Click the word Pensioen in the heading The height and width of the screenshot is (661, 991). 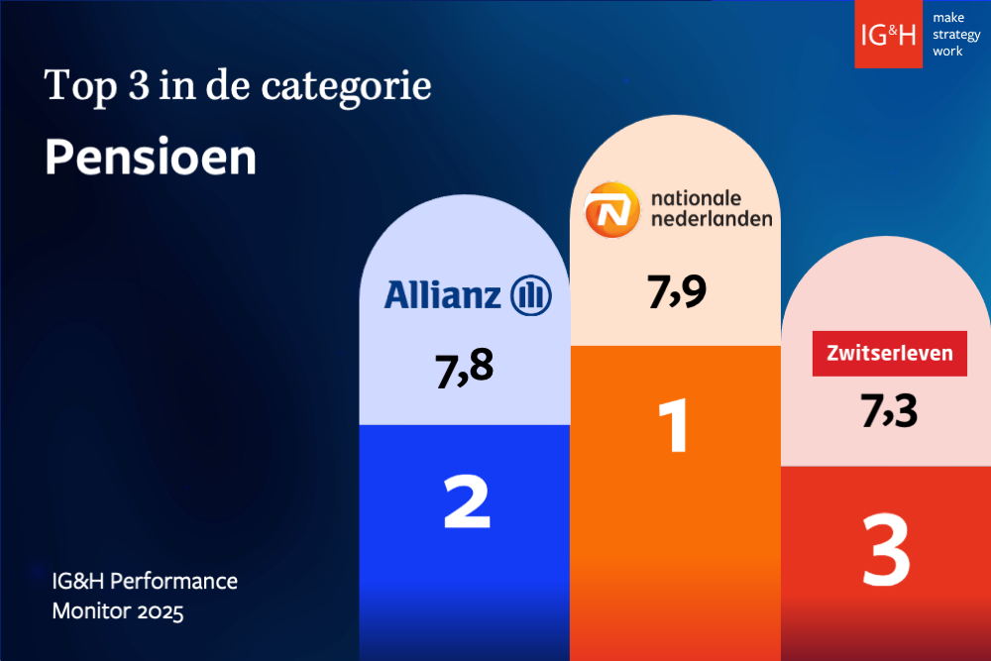point(151,159)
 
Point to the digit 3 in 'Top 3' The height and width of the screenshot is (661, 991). point(133,86)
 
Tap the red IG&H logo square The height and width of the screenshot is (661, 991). point(888,35)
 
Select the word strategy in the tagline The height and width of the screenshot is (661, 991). point(955,35)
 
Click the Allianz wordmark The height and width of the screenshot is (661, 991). point(443,294)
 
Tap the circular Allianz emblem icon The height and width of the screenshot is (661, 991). point(530,294)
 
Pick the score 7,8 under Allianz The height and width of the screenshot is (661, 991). point(464,368)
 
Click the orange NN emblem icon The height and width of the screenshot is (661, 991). point(611,210)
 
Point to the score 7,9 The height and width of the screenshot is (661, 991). point(676,291)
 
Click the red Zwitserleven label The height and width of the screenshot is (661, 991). point(889,353)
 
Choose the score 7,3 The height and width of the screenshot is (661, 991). point(889,410)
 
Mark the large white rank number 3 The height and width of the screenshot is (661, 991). point(886,548)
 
